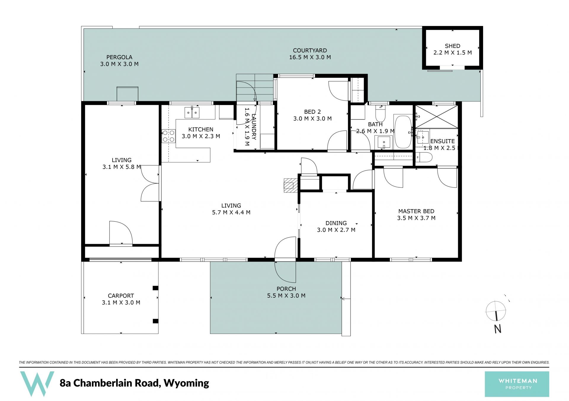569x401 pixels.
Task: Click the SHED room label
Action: [452, 46]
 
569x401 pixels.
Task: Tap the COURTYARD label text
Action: [310, 51]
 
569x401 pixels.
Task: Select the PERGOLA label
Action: [119, 57]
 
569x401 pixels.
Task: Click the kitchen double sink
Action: [192, 112]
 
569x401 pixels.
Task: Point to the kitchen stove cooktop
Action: [168, 136]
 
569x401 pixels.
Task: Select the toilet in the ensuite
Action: [424, 157]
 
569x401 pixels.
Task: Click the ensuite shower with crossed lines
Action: [437, 117]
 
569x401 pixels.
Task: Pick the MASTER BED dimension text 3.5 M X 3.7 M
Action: [416, 218]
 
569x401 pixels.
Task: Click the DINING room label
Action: [336, 223]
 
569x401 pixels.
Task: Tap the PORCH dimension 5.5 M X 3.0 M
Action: [286, 296]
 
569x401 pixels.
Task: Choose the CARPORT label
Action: [121, 296]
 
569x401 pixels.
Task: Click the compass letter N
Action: [498, 329]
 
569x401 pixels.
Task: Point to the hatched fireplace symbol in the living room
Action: [291, 186]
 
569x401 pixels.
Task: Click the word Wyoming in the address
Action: [186, 383]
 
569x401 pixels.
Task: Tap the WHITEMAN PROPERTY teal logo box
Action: [517, 384]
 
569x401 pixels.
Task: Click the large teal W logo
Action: [37, 384]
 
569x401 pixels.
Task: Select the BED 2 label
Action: [312, 112]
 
